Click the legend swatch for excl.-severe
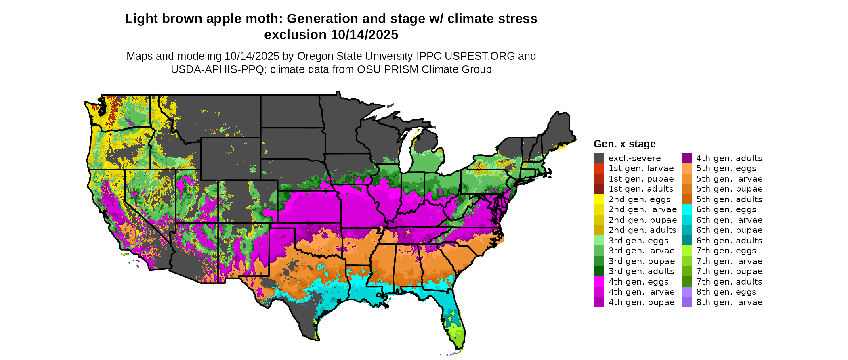coord(598,158)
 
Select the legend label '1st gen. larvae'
coord(641,168)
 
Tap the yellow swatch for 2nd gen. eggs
coord(598,199)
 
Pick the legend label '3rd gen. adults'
coord(641,271)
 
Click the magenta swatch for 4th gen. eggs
coord(598,282)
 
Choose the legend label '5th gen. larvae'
coord(729,179)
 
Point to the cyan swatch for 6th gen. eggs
coord(686,209)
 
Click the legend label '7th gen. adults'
coord(729,282)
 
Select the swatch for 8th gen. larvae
coord(686,302)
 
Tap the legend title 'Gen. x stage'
coord(624,144)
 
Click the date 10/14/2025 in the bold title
coord(365,35)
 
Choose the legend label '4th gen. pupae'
coord(641,302)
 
